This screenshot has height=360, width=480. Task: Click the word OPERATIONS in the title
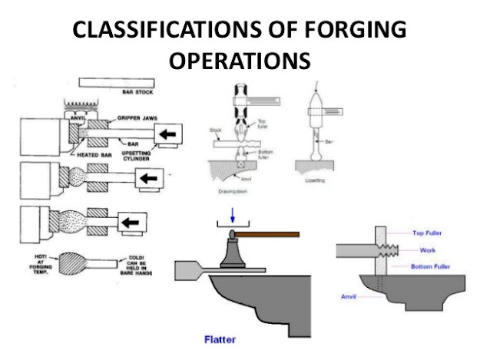[240, 60]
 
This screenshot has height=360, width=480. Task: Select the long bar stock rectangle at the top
[120, 83]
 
